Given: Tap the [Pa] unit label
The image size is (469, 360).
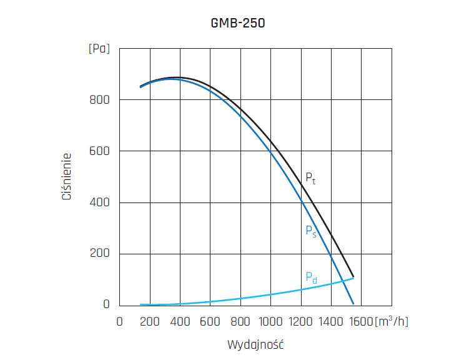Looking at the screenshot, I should pos(99,49).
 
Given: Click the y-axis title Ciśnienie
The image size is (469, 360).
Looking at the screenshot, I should pos(66,177).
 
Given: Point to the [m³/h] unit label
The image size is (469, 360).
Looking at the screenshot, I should pos(392,321).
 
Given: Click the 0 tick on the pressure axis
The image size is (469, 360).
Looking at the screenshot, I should pos(107,305).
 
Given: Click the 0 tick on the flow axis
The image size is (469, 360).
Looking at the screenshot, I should pos(120,321).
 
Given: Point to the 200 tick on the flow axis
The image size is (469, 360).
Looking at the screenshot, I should pos(150,321).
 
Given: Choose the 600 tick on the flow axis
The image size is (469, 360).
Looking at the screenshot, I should pos(210,321).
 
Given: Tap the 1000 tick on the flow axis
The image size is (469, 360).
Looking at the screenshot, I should pos(270,321).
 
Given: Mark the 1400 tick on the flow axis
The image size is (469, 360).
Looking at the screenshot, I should pos(331,321).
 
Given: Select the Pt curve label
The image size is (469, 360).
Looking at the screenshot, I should pos(310,178).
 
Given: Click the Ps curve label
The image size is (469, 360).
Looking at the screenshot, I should pos(310,231).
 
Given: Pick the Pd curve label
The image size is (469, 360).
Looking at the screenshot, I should pos(311,277).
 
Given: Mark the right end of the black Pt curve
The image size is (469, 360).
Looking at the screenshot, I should pos(353,276).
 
